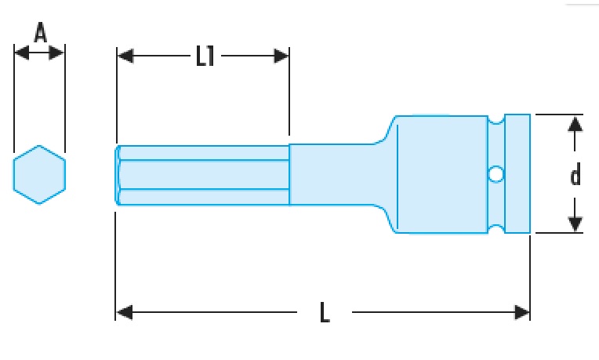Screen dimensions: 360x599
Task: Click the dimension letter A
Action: click(x=39, y=33)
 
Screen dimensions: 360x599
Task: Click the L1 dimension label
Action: click(x=205, y=56)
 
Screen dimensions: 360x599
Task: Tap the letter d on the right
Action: click(x=575, y=175)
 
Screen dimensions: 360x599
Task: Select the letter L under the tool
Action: click(x=325, y=313)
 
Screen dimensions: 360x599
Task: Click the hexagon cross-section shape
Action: click(x=39, y=174)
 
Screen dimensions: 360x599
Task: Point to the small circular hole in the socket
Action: click(x=496, y=173)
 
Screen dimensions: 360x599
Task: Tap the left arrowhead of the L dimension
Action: click(x=124, y=313)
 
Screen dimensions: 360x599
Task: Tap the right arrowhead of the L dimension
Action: click(x=522, y=313)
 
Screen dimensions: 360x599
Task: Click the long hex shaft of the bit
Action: click(x=204, y=175)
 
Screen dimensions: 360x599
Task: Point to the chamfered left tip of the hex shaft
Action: click(x=118, y=175)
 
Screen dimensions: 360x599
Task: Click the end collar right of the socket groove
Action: click(x=517, y=173)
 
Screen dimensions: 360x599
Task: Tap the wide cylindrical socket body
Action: click(x=439, y=173)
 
